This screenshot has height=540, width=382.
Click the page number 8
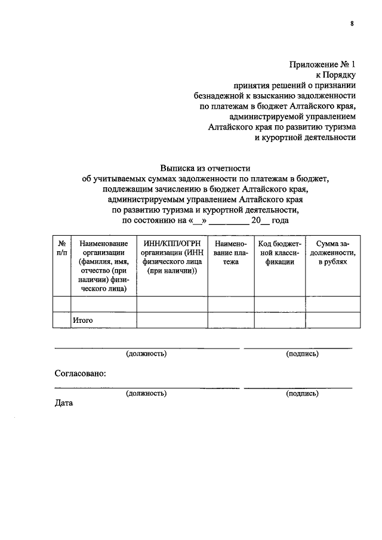[x=352, y=23]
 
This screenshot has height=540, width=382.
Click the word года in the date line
[x=280, y=221]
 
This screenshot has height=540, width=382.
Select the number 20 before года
[x=256, y=221]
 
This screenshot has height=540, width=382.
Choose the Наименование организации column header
[x=104, y=266]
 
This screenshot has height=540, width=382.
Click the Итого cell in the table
[x=82, y=320]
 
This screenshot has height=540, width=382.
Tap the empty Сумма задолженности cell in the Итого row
[x=333, y=320]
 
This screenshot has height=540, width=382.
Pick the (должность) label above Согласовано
[x=146, y=354]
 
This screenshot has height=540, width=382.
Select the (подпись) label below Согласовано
[x=302, y=393]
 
